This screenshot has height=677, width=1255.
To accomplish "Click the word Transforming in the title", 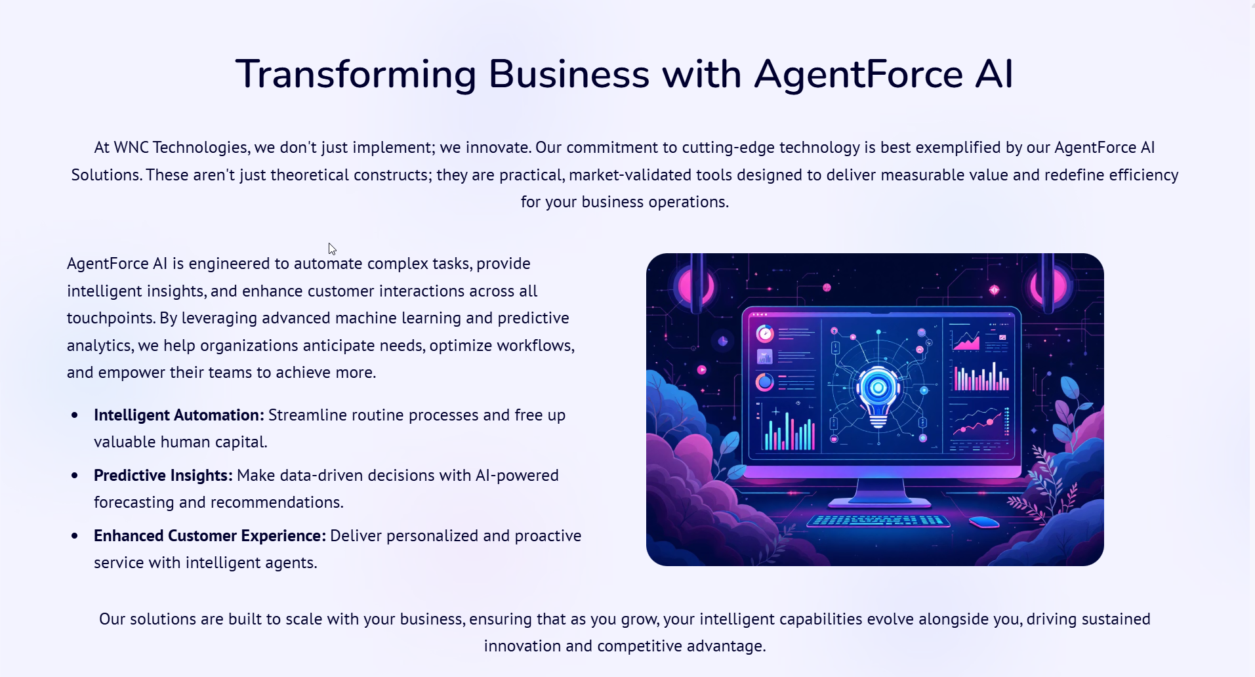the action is click(x=356, y=75).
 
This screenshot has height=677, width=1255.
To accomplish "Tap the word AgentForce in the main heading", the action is click(x=859, y=73).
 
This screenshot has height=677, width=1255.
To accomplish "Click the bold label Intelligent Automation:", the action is click(x=179, y=415).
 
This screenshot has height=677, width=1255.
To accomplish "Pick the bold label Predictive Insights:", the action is click(x=163, y=476).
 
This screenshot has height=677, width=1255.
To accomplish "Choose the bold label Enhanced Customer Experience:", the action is click(x=210, y=536).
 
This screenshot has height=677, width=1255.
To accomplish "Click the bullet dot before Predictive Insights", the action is click(x=75, y=476).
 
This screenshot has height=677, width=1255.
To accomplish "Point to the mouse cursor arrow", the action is click(x=332, y=249).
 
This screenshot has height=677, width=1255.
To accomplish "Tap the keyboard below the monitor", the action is click(x=878, y=521).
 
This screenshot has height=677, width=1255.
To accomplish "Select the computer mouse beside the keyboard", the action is click(x=984, y=522).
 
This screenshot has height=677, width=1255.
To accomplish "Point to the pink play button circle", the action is click(x=701, y=370).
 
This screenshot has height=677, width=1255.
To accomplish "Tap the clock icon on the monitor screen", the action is click(x=765, y=334).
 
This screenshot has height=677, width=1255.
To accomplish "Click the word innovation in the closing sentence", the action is click(x=523, y=646).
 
